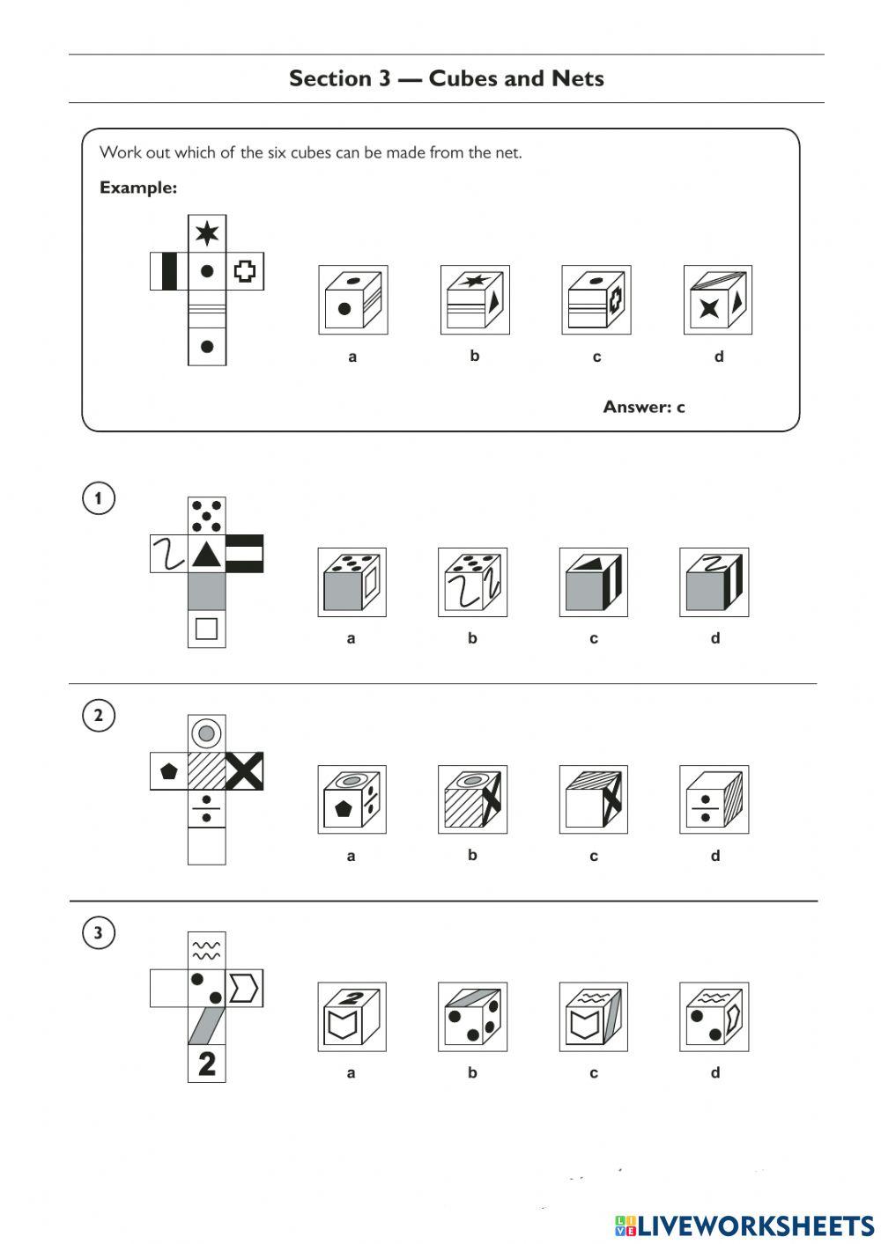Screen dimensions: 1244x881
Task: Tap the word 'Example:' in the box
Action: (138, 188)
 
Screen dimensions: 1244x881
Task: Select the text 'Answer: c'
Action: (643, 407)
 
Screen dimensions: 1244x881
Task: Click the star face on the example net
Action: (207, 233)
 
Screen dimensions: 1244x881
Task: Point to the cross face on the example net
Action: (245, 271)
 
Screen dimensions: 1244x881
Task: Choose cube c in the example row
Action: (596, 300)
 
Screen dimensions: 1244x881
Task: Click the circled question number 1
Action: (99, 498)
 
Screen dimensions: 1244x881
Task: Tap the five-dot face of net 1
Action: (207, 516)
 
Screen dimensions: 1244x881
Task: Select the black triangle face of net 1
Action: (207, 554)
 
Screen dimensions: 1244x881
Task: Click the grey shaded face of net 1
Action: (207, 592)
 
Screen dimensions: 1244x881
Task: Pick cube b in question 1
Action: (472, 582)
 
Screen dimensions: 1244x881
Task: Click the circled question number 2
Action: (99, 715)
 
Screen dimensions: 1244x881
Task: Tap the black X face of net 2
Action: (245, 771)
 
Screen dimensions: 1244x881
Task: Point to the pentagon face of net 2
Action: (169, 771)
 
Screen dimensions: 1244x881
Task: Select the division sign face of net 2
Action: (207, 809)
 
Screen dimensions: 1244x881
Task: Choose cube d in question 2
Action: (714, 799)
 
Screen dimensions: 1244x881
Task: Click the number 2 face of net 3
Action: (207, 1064)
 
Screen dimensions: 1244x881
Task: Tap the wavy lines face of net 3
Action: (207, 951)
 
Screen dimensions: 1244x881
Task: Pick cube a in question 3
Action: (352, 1017)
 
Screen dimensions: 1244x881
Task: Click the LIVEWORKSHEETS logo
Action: (744, 1225)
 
